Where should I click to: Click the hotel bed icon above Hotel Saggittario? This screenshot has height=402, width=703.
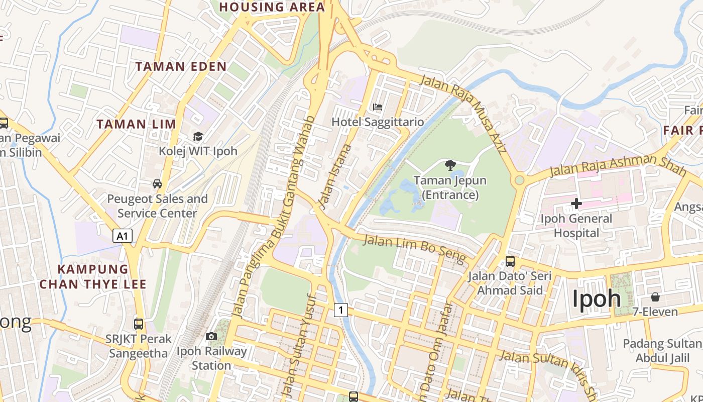click(378, 107)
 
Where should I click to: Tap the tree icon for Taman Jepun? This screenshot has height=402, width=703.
click(450, 165)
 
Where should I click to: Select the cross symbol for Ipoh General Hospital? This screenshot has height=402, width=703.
click(576, 204)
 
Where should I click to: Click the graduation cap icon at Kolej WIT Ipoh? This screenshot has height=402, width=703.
click(198, 136)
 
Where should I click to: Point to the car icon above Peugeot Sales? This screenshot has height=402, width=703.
click(157, 184)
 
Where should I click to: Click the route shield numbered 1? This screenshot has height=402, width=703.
click(341, 310)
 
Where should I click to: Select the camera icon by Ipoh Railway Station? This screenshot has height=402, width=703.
click(211, 336)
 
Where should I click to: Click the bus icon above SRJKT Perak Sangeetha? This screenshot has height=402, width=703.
click(139, 324)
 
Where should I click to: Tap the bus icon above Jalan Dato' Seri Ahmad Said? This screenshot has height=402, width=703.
click(510, 261)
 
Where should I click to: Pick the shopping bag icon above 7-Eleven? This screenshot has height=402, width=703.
click(655, 297)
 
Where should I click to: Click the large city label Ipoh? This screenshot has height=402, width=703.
click(597, 298)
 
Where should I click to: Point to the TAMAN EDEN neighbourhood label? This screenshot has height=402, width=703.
click(181, 66)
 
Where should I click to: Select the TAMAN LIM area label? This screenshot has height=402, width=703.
click(136, 124)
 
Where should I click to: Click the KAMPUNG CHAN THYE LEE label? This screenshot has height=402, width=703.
click(93, 277)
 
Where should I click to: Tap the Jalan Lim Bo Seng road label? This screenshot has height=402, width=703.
click(414, 248)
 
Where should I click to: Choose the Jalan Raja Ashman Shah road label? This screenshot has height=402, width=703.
click(617, 165)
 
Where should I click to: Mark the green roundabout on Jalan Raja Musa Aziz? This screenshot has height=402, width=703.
click(519, 180)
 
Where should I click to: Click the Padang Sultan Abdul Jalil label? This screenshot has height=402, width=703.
click(662, 351)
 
